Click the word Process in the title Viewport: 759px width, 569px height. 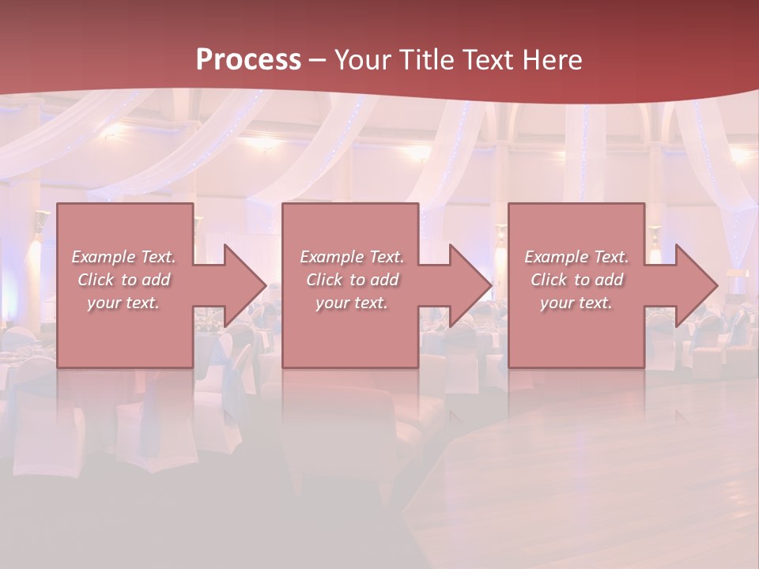tap(248, 59)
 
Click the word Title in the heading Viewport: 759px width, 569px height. tap(425, 60)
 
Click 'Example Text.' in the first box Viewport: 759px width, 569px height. tap(123, 257)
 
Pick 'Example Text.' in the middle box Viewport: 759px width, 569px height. tap(352, 257)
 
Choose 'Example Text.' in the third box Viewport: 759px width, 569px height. tap(576, 257)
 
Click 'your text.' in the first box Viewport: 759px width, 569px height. tap(123, 303)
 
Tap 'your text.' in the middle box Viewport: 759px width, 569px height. tap(352, 303)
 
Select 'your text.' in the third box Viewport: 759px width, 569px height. tap(576, 303)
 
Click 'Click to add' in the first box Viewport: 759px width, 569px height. tap(123, 280)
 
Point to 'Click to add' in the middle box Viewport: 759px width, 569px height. tap(352, 280)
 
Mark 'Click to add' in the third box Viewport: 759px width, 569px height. tap(576, 280)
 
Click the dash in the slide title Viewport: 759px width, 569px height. tap(317, 61)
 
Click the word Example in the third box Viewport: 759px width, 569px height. tap(556, 257)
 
